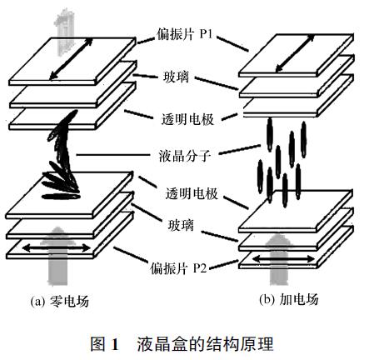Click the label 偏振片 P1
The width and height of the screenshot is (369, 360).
point(185,34)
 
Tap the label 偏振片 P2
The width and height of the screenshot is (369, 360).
point(178,268)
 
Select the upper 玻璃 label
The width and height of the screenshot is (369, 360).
point(176,77)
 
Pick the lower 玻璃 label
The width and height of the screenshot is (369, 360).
point(181,224)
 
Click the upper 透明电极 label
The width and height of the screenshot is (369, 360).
point(187,119)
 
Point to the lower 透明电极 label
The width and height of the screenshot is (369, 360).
point(192,193)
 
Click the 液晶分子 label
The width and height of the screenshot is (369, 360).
point(185,156)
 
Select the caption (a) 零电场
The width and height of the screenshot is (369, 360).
point(60,301)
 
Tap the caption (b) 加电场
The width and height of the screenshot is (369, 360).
point(289,299)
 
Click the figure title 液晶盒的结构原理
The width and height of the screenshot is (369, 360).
point(205,343)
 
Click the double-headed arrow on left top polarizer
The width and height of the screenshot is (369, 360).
point(71,58)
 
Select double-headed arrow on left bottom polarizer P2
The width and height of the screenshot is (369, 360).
point(57,247)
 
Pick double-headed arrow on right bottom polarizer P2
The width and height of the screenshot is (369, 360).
point(283,259)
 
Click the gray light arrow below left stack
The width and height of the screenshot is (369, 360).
point(57,256)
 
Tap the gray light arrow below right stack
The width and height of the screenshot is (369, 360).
point(281,259)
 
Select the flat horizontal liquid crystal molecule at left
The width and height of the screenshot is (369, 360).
point(61,197)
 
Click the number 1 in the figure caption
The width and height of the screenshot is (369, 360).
point(114,344)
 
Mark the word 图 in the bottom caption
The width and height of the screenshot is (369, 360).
point(98,343)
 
